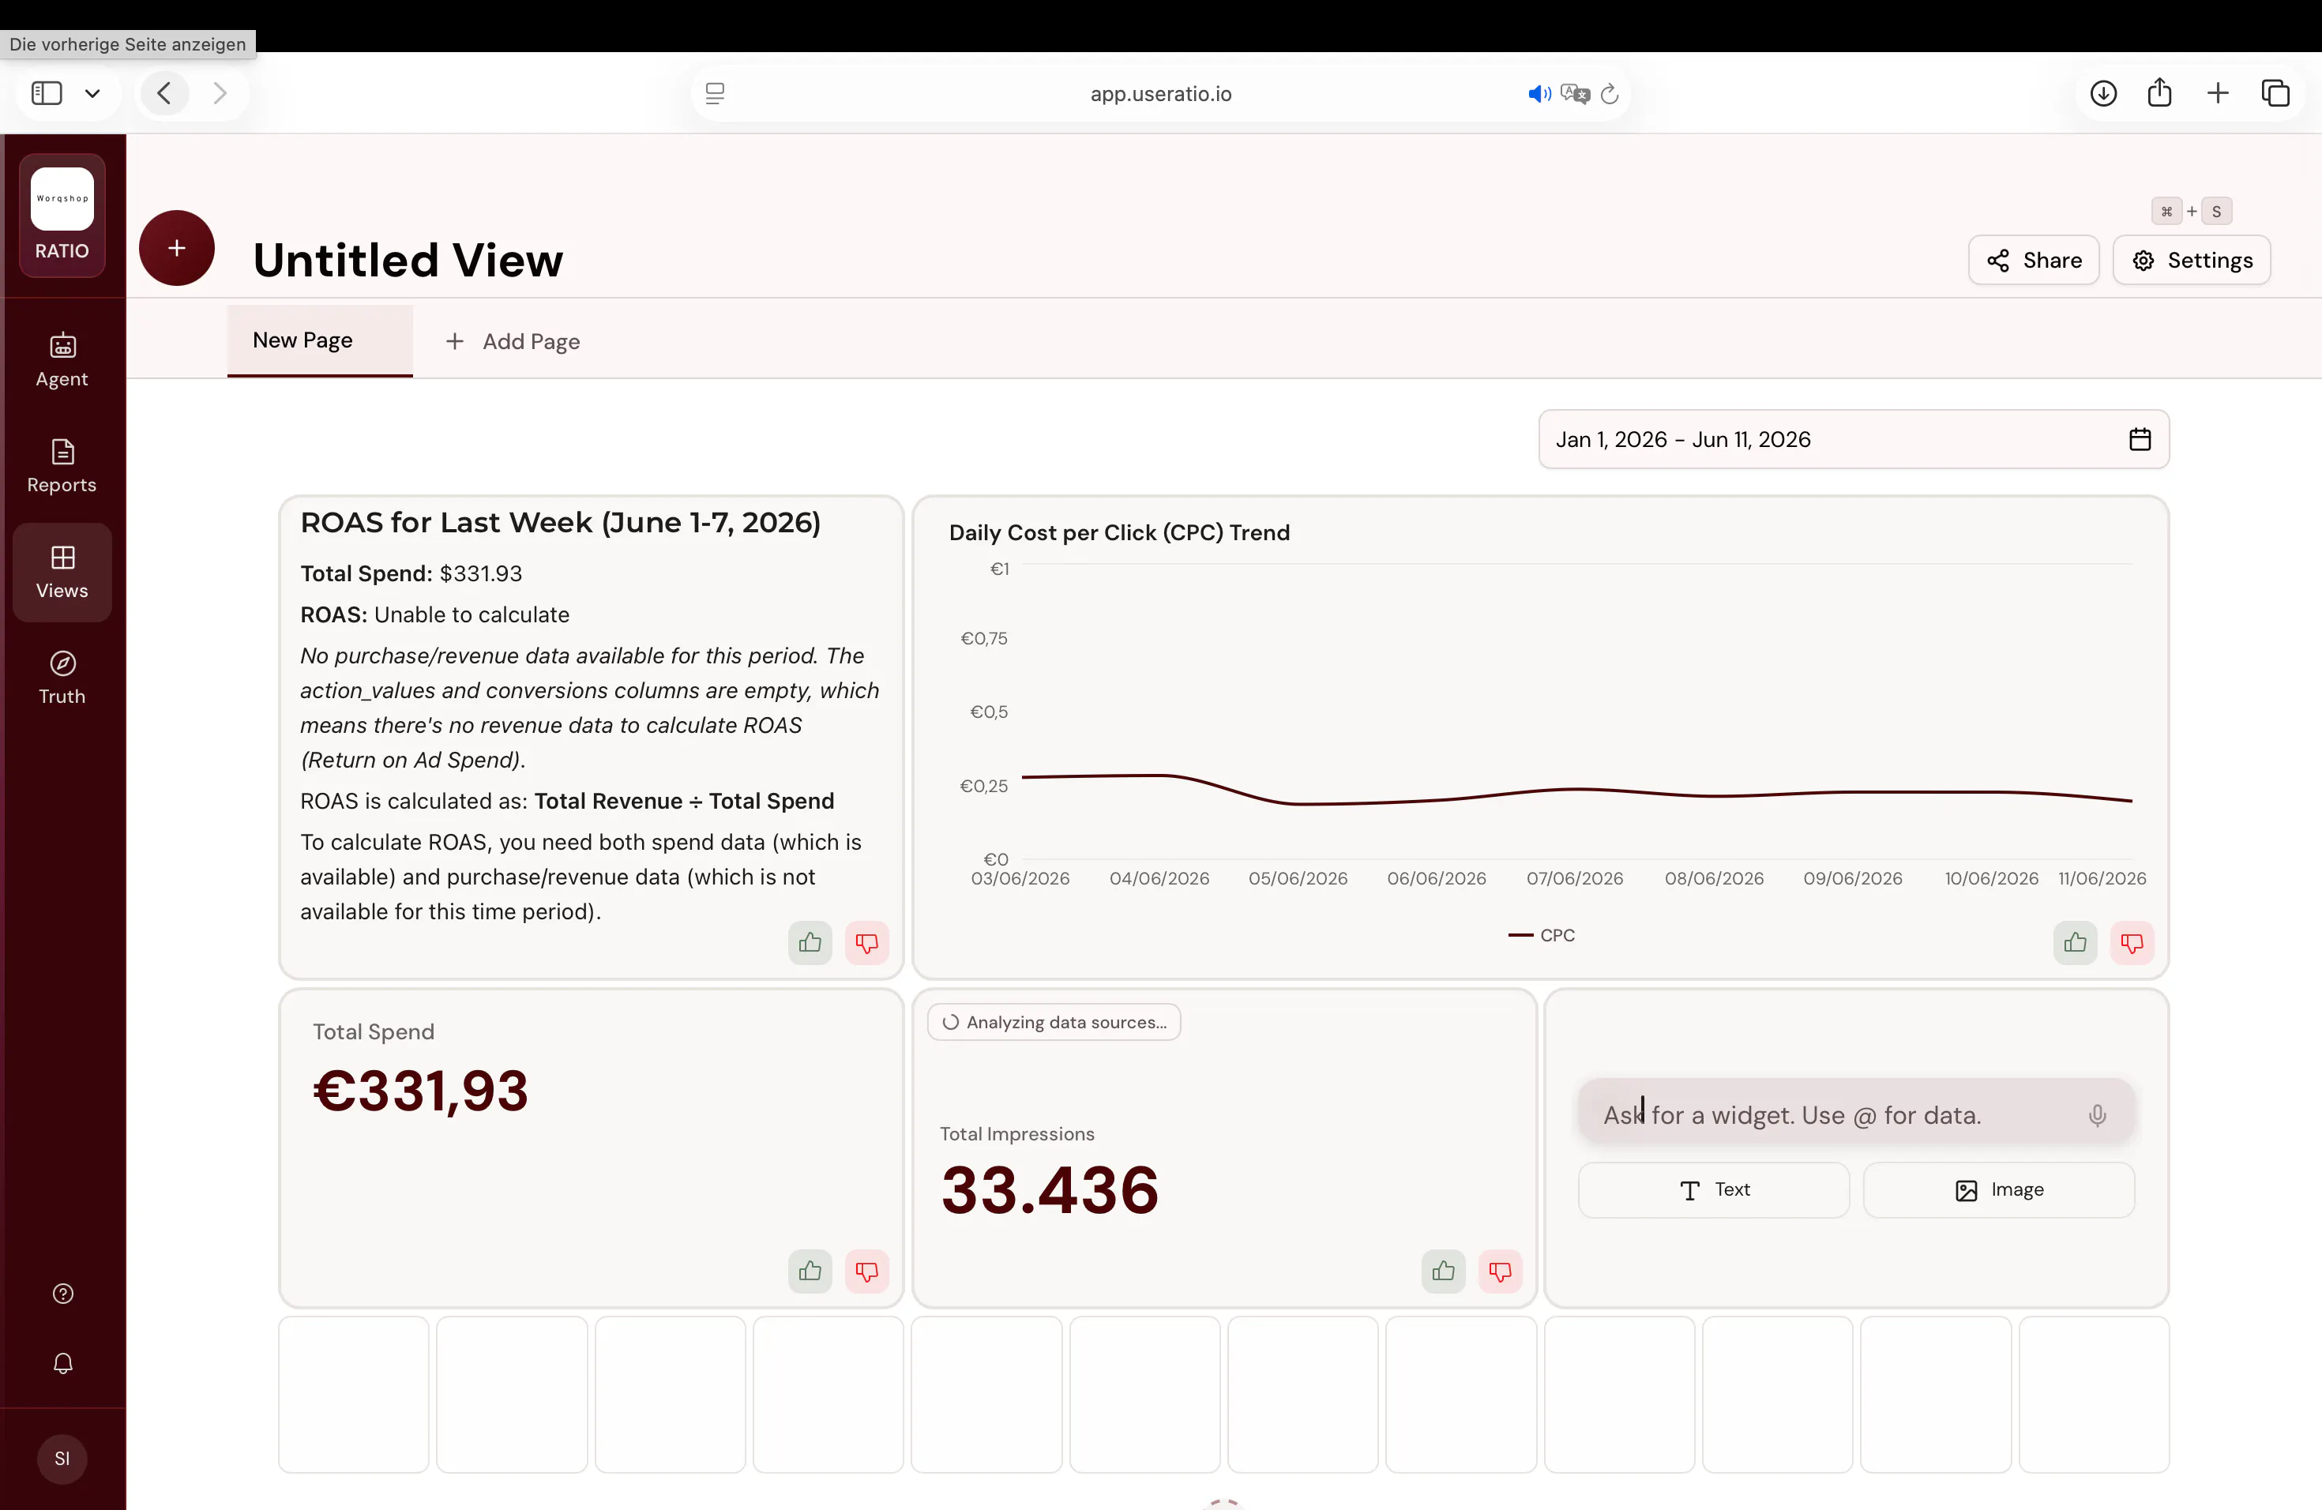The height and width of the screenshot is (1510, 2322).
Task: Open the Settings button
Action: [2191, 261]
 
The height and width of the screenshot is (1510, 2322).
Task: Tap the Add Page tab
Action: [513, 341]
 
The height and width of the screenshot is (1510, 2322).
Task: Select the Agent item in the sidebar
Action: [62, 360]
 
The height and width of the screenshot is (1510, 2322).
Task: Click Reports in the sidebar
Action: [62, 466]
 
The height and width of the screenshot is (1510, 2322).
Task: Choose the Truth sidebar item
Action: [62, 678]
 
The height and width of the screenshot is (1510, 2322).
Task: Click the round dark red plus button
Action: [177, 248]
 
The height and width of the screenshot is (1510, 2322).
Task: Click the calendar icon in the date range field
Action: [2140, 440]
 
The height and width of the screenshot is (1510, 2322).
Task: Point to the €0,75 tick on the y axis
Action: [983, 638]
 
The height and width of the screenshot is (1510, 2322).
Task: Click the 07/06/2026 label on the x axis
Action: [1575, 878]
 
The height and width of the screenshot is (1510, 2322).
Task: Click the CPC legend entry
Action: [1542, 934]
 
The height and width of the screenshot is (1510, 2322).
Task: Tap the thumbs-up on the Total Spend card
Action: [810, 1271]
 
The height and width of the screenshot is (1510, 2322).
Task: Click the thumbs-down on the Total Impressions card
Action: [1500, 1271]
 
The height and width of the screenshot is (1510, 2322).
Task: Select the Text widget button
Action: [1713, 1190]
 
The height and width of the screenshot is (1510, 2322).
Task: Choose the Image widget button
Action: [1998, 1190]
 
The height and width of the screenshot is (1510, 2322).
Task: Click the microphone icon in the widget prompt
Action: [2097, 1115]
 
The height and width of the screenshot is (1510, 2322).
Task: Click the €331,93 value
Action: [420, 1091]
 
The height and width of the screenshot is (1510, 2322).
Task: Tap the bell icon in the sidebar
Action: [62, 1362]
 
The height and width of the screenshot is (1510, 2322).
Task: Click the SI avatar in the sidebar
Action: [62, 1459]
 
